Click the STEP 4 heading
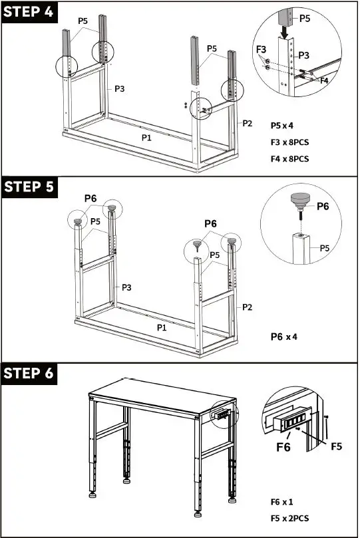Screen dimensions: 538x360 coord(29,13)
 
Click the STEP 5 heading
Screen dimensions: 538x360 coord(29,187)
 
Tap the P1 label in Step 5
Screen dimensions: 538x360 coord(162,328)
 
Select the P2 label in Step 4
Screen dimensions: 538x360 coord(248,123)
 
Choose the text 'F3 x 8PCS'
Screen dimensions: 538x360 coord(290,142)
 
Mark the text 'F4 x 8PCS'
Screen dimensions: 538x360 coord(290,159)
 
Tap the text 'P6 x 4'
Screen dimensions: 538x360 coord(284,336)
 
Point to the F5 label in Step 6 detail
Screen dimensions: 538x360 coord(337,446)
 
